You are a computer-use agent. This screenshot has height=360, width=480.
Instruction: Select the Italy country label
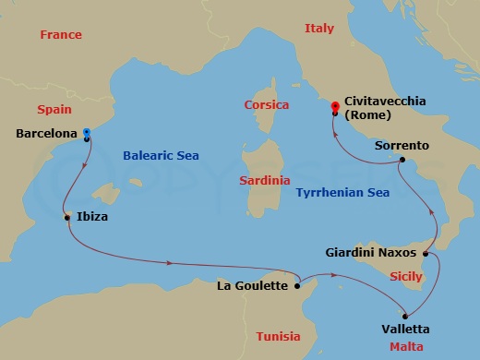(318, 30)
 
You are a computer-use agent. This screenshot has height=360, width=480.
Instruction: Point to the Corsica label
(267, 105)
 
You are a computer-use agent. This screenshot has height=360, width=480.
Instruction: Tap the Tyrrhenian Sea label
(341, 191)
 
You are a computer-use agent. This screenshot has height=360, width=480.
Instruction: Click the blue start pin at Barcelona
(86, 133)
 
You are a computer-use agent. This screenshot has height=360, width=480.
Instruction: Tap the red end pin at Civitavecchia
(336, 107)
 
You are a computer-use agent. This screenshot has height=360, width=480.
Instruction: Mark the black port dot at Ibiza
(67, 218)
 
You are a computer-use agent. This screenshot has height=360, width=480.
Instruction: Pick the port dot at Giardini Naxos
(426, 253)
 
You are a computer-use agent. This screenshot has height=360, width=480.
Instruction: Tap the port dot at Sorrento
(402, 161)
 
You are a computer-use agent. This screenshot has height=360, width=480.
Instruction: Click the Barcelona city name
(45, 134)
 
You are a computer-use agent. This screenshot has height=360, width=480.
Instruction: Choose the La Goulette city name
(252, 285)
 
